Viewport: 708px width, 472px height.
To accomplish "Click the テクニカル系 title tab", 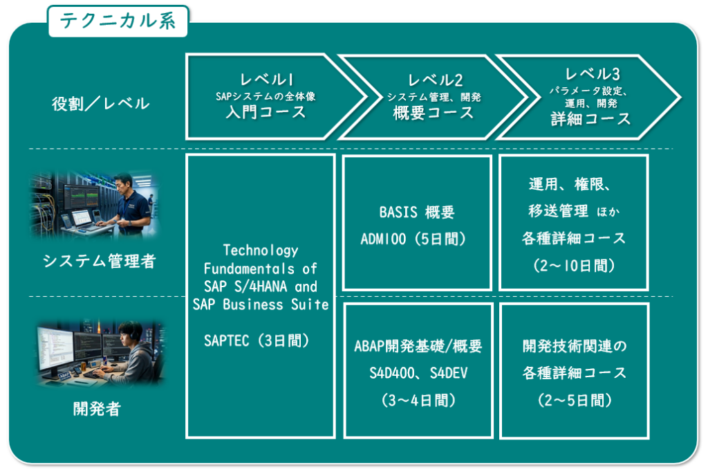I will pos(118,21).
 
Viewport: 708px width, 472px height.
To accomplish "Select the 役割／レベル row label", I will pos(100,104).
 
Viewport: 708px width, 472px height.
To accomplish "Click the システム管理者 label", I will pos(100,261).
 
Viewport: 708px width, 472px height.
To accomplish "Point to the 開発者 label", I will pos(97,408).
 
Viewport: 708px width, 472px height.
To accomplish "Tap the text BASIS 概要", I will pos(417,212).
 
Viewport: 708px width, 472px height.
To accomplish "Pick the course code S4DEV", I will pos(449,373).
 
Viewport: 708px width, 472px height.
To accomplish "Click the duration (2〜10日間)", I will pos(573,266).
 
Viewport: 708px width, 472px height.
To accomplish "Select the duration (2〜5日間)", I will pos(574,400).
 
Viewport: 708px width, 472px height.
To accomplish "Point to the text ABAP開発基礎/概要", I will pos(418,347).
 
